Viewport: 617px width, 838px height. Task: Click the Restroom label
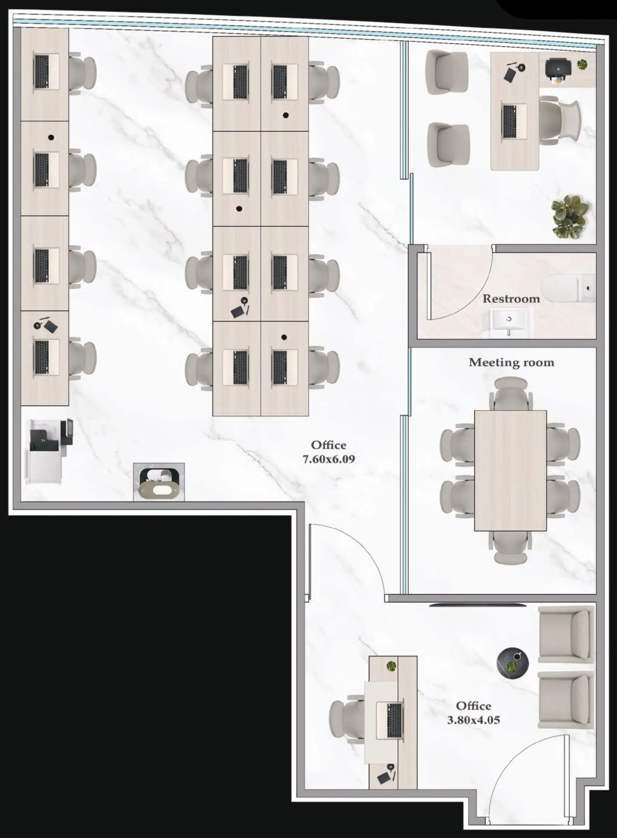tap(511, 299)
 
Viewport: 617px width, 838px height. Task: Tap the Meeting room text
tap(511, 362)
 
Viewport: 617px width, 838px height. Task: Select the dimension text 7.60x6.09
tap(328, 459)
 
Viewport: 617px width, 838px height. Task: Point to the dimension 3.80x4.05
tap(473, 719)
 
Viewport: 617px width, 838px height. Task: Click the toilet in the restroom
tap(567, 288)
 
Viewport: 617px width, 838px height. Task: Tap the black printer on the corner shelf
tap(558, 70)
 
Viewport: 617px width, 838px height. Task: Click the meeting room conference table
tap(511, 470)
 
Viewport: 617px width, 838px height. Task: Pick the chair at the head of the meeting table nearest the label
tap(511, 393)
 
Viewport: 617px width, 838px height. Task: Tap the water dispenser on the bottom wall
tap(159, 482)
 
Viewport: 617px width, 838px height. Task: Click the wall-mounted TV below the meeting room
tap(478, 604)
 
